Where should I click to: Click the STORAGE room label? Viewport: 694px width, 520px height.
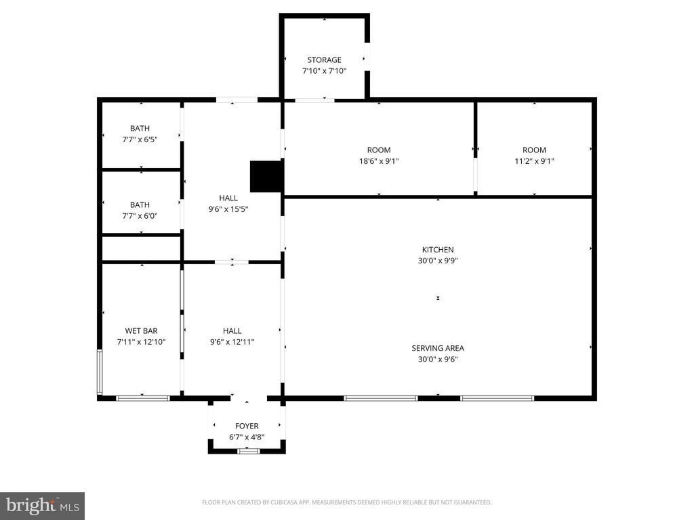[325, 60]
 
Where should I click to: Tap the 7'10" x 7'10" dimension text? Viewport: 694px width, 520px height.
[325, 70]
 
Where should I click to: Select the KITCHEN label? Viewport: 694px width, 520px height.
[438, 250]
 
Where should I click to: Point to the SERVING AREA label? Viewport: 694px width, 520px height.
[438, 349]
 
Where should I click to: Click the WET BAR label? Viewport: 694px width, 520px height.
[141, 330]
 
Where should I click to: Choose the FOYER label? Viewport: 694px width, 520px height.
[247, 426]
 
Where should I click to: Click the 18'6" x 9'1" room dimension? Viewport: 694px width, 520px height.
[379, 161]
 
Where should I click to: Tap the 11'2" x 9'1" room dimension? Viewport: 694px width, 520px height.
[534, 161]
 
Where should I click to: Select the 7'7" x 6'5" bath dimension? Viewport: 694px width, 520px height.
[140, 139]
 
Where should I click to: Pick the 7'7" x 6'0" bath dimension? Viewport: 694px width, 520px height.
[140, 216]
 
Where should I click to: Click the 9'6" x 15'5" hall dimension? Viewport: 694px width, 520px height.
[228, 209]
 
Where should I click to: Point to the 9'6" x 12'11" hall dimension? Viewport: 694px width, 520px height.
[232, 342]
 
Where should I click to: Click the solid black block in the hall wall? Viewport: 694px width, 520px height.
[266, 177]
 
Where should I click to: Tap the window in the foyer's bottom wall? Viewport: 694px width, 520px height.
[248, 451]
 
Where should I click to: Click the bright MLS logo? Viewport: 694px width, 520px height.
[43, 506]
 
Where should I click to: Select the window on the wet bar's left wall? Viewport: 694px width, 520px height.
[100, 372]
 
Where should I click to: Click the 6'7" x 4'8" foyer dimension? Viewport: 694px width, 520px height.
[247, 437]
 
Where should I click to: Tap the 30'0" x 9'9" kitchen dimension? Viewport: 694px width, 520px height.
[438, 261]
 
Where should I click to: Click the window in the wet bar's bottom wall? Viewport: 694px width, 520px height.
[143, 398]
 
